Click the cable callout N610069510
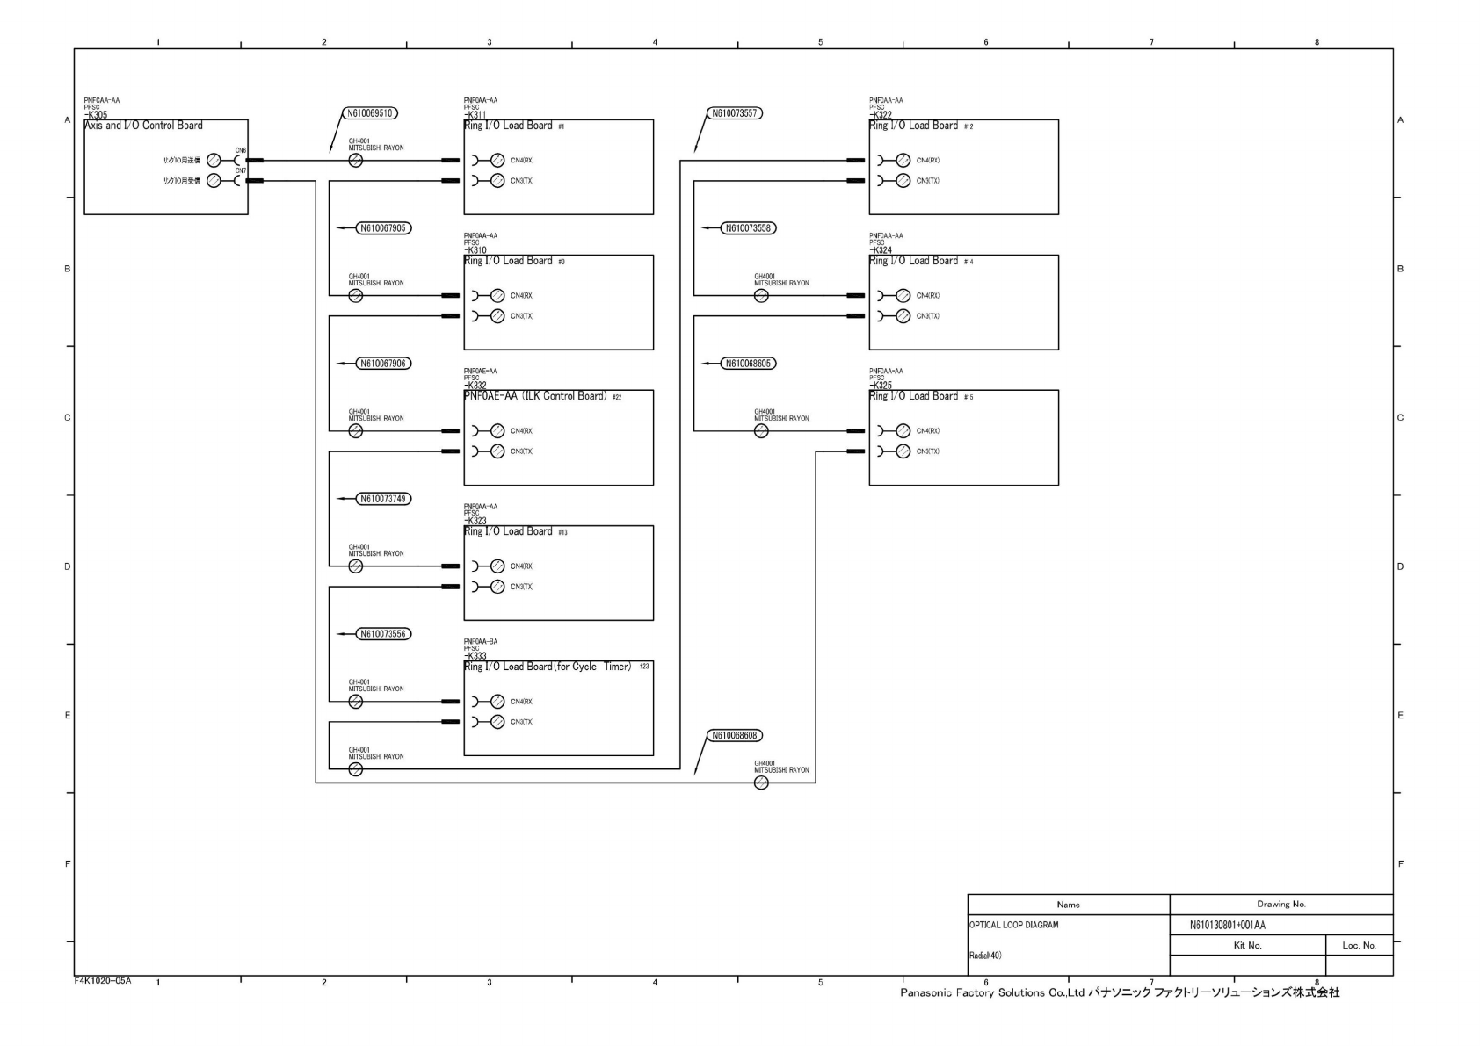point(370,113)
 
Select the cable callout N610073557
point(734,113)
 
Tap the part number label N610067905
point(384,228)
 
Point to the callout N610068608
point(734,736)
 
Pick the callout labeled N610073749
point(384,499)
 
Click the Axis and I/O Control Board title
point(143,126)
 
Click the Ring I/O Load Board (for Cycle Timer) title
point(548,667)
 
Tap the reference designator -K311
point(475,115)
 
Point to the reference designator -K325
point(881,386)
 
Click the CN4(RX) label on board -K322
point(928,161)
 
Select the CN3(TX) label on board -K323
point(522,587)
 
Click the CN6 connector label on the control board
point(241,150)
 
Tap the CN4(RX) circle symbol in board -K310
point(497,296)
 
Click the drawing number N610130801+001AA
point(1227,925)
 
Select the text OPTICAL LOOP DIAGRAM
point(1013,925)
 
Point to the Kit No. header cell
point(1247,945)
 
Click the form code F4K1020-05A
point(103,980)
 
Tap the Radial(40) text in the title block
point(985,956)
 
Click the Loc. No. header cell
point(1359,945)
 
